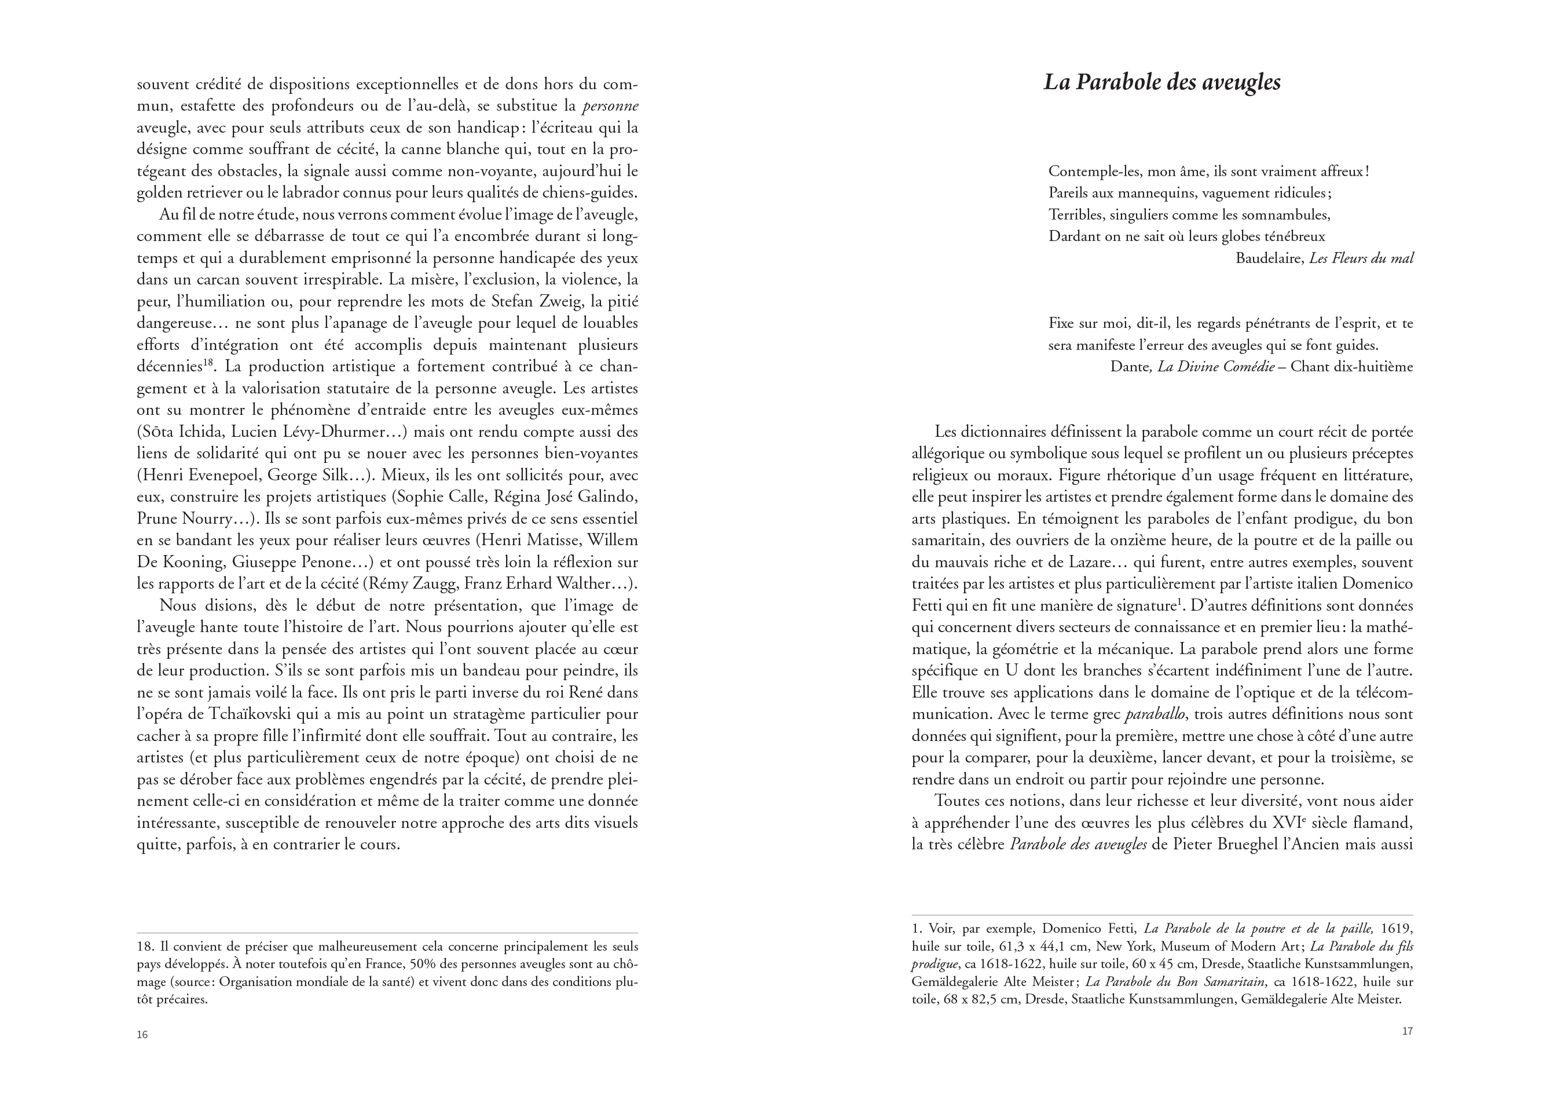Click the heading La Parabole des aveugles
pyautogui.click(x=1162, y=82)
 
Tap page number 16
pyautogui.click(x=142, y=1035)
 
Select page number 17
pyautogui.click(x=1407, y=1031)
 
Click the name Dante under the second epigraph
pyautogui.click(x=1131, y=367)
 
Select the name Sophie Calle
pyautogui.click(x=442, y=497)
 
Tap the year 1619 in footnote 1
pyautogui.click(x=1397, y=929)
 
